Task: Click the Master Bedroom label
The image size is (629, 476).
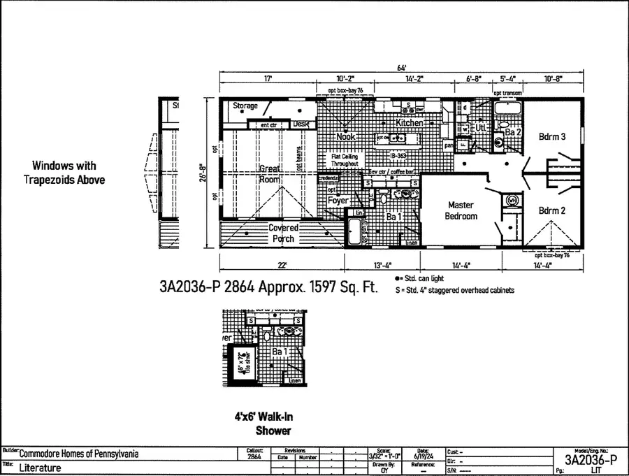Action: click(461, 210)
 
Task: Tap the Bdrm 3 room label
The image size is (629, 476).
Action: click(552, 138)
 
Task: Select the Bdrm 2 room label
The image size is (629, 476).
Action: click(552, 210)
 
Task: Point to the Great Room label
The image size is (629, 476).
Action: click(270, 173)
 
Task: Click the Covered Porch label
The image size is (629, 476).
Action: click(284, 233)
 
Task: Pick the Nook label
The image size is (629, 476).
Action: click(346, 137)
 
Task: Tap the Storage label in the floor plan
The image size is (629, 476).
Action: click(245, 106)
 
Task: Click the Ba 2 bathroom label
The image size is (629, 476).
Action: click(513, 131)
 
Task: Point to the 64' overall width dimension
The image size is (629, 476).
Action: click(401, 68)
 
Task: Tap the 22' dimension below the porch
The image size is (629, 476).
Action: click(282, 265)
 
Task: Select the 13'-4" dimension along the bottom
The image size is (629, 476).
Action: click(382, 265)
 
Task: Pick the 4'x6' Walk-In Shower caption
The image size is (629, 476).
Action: click(263, 423)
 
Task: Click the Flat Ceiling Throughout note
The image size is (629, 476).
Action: click(345, 160)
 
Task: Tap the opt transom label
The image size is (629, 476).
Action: click(508, 93)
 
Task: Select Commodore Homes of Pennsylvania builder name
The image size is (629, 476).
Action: click(78, 454)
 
